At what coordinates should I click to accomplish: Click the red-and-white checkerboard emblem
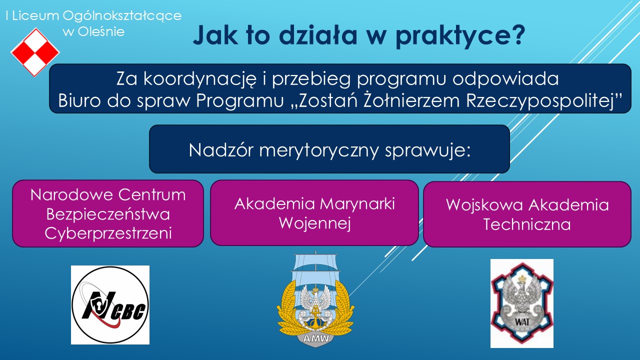(x=35, y=52)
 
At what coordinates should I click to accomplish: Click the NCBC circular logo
(x=110, y=305)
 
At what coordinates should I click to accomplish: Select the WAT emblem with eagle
(x=522, y=303)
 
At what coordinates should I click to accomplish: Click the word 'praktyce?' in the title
(x=460, y=35)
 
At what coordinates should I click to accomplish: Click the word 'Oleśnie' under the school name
(x=101, y=31)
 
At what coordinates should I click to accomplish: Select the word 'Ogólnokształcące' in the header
(x=122, y=16)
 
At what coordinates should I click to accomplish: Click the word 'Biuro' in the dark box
(x=79, y=100)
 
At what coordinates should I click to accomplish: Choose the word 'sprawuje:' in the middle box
(x=427, y=151)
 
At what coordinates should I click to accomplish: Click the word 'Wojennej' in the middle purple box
(x=315, y=223)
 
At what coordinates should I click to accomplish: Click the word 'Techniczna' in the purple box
(x=527, y=224)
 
